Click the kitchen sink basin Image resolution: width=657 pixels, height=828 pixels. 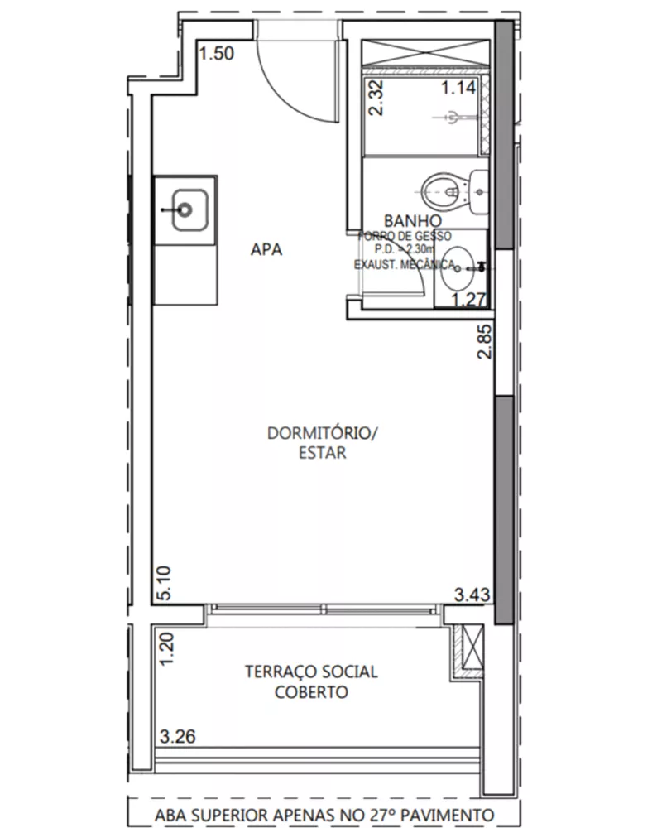pyautogui.click(x=184, y=208)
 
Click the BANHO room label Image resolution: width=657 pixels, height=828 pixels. pyautogui.click(x=411, y=221)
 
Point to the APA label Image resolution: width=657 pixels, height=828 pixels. pyautogui.click(x=266, y=249)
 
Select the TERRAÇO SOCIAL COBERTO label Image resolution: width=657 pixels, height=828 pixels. pyautogui.click(x=311, y=681)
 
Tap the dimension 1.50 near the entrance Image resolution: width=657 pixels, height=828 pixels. pyautogui.click(x=217, y=55)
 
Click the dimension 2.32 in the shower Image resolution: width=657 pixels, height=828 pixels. pyautogui.click(x=376, y=99)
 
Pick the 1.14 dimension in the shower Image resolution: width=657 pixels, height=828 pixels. pyautogui.click(x=457, y=88)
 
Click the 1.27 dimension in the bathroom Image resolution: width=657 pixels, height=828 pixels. pyautogui.click(x=468, y=300)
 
